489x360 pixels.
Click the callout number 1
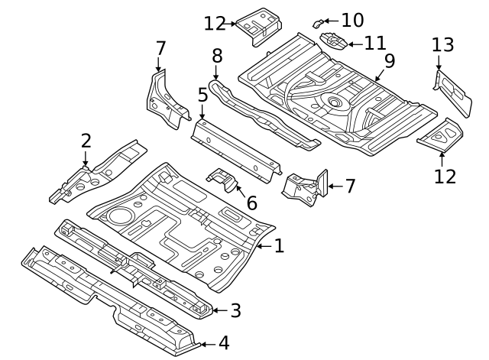(x=279, y=245)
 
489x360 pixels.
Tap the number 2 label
(x=86, y=140)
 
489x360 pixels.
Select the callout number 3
(x=235, y=310)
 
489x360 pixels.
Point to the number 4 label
(x=223, y=344)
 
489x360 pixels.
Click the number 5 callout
(x=202, y=95)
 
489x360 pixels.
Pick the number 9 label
(x=390, y=61)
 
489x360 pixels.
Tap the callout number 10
(x=352, y=20)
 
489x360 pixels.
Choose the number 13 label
(x=442, y=45)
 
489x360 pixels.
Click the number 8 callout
(x=217, y=55)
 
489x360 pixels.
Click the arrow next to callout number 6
(x=239, y=190)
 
